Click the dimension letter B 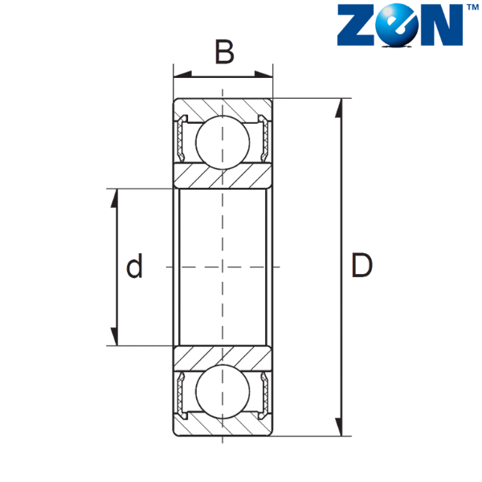pos(225,51)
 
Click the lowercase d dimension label pos(135,266)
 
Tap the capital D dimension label pos(361,265)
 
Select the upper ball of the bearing pos(223,142)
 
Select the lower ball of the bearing pos(223,391)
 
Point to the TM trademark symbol pos(472,7)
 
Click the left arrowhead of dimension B pos(182,74)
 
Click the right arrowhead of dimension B pos(263,74)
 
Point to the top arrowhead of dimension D pos(339,108)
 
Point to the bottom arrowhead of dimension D pos(339,427)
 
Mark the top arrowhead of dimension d pos(114,198)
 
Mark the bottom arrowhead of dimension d pos(114,337)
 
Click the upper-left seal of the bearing pos(182,138)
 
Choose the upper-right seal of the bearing pos(263,138)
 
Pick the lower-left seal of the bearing pos(182,395)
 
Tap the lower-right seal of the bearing pos(263,395)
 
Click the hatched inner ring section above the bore pos(223,176)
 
